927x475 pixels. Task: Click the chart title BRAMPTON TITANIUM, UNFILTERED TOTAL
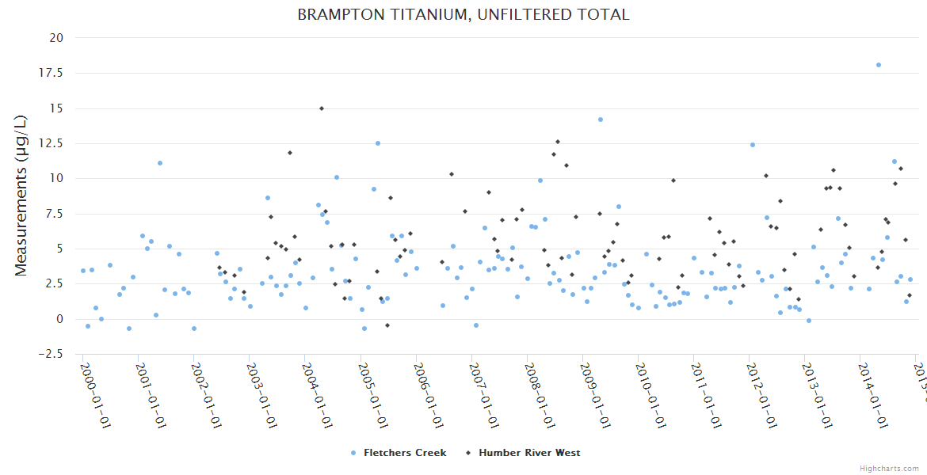[x=463, y=14]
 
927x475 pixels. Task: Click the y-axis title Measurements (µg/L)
[x=21, y=195]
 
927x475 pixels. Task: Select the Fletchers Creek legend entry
[x=399, y=453]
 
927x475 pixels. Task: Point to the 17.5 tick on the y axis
[x=57, y=73]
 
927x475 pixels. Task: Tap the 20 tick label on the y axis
[x=57, y=37]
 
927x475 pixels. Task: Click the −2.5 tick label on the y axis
[x=54, y=354]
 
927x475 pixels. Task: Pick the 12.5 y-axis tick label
[x=57, y=143]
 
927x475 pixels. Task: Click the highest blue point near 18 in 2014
[x=879, y=65]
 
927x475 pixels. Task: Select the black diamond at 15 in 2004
[x=321, y=108]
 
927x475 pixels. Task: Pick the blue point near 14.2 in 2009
[x=601, y=120]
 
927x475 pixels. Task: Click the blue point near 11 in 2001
[x=160, y=163]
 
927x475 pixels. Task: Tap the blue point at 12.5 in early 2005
[x=378, y=143]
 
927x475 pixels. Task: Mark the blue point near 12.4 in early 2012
[x=753, y=145]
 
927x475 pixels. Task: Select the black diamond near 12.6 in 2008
[x=558, y=142]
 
